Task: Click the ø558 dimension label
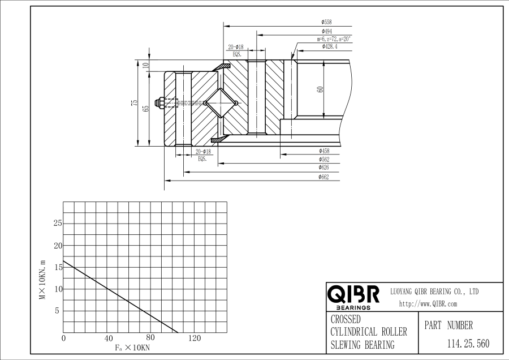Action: point(327,22)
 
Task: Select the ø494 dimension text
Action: point(327,31)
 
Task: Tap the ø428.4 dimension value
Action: point(330,47)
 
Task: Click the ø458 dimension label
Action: point(325,151)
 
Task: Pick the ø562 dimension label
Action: point(325,160)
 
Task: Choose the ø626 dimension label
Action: point(325,168)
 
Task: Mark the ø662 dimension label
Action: point(325,177)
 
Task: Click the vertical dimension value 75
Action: point(135,102)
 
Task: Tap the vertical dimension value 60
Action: point(320,89)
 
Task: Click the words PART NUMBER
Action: point(448,325)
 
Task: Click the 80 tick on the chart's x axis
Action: point(150,338)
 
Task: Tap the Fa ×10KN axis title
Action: point(132,347)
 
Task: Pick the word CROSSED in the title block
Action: point(346,320)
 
